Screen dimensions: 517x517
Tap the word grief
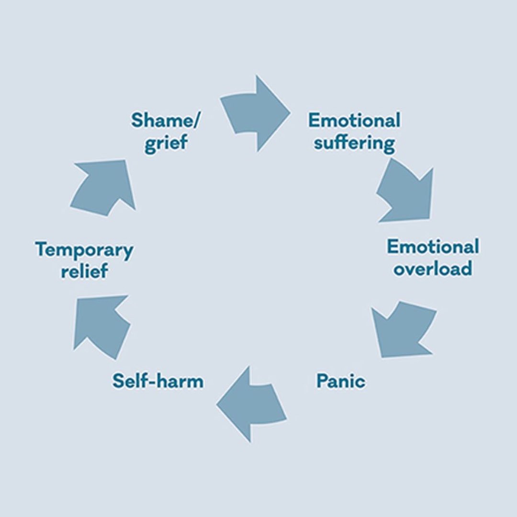point(166,143)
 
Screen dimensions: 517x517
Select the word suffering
point(355,143)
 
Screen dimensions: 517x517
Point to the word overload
point(432,268)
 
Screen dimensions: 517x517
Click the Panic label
point(340,382)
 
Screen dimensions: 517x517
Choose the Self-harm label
point(158,382)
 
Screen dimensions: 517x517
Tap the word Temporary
point(84,250)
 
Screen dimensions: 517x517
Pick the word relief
point(84,271)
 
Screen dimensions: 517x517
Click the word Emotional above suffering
point(354,120)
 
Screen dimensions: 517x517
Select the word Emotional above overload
point(433,247)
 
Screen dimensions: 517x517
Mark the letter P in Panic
point(321,382)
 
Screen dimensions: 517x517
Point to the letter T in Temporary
point(41,250)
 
